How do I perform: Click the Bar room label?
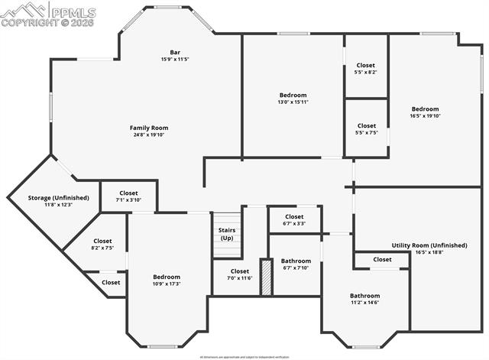pyautogui.click(x=175, y=52)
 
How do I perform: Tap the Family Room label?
pyautogui.click(x=149, y=128)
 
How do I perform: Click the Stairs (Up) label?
pyautogui.click(x=227, y=233)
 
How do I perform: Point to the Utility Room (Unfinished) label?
pyautogui.click(x=429, y=245)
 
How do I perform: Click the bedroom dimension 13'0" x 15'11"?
pyautogui.click(x=293, y=102)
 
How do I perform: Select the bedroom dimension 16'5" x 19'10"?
pyautogui.click(x=426, y=115)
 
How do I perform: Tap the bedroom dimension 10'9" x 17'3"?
pyautogui.click(x=167, y=284)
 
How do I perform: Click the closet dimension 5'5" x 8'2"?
pyautogui.click(x=366, y=73)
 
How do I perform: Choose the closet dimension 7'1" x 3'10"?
pyautogui.click(x=128, y=200)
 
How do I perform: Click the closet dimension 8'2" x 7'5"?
pyautogui.click(x=102, y=248)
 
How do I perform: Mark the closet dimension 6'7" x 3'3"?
pyautogui.click(x=294, y=223)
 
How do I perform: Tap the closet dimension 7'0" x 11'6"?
pyautogui.click(x=240, y=278)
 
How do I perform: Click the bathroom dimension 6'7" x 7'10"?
pyautogui.click(x=296, y=268)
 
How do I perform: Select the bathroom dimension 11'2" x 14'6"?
pyautogui.click(x=364, y=303)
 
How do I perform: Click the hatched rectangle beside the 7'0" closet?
pyautogui.click(x=266, y=277)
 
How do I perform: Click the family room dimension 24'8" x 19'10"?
pyautogui.click(x=149, y=135)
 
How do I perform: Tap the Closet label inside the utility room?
pyautogui.click(x=382, y=260)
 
